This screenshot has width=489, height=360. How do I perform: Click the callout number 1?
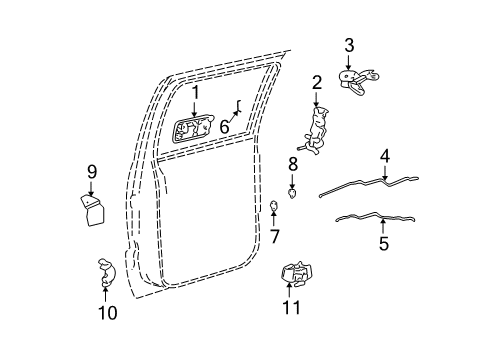[x=196, y=94]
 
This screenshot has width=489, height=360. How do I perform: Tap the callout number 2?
[x=316, y=82]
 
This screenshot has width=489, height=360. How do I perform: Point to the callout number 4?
[x=385, y=155]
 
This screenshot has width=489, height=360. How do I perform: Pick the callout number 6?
[x=225, y=127]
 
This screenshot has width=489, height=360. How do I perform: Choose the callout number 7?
[x=275, y=236]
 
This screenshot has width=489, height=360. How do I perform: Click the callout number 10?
[x=107, y=313]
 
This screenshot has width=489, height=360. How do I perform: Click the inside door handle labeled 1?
[x=194, y=130]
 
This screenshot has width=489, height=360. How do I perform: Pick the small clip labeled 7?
[x=274, y=207]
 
